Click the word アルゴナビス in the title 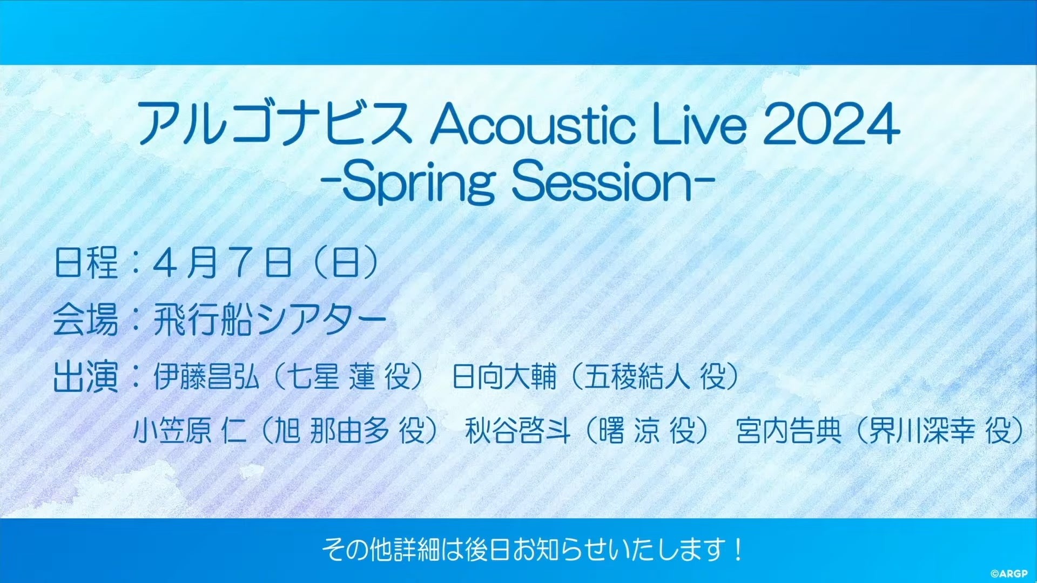tap(274, 124)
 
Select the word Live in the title tap(700, 124)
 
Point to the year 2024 tap(831, 124)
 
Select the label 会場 tap(86, 320)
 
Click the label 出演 tap(86, 377)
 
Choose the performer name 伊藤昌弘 tap(206, 377)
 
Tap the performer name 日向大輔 tap(504, 377)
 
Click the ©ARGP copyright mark tap(1009, 574)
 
